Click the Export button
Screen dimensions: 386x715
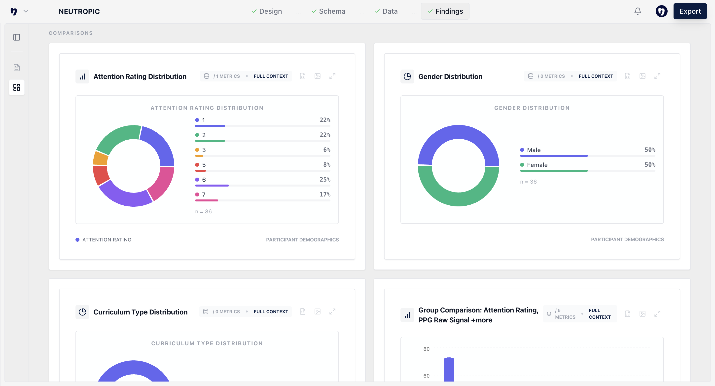[x=690, y=11]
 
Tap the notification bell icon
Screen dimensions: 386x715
[x=638, y=11]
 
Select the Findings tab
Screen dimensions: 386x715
[x=445, y=11]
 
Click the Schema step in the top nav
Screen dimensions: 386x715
[x=328, y=11]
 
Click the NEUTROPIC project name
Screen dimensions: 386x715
[x=79, y=12]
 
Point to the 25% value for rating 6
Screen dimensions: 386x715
[x=325, y=180]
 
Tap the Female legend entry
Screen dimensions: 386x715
[x=537, y=165]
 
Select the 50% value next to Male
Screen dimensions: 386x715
[x=650, y=150]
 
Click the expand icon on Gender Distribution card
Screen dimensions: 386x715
[x=657, y=76]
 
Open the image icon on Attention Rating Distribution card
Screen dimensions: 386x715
[x=317, y=76]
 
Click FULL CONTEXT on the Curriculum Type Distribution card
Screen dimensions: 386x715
[x=271, y=311]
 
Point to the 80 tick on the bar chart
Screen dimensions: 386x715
[x=426, y=349]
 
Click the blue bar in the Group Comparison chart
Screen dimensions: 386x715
[x=449, y=369]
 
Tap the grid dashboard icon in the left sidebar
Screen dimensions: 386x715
[x=17, y=87]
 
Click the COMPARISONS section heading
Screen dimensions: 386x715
[x=71, y=33]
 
